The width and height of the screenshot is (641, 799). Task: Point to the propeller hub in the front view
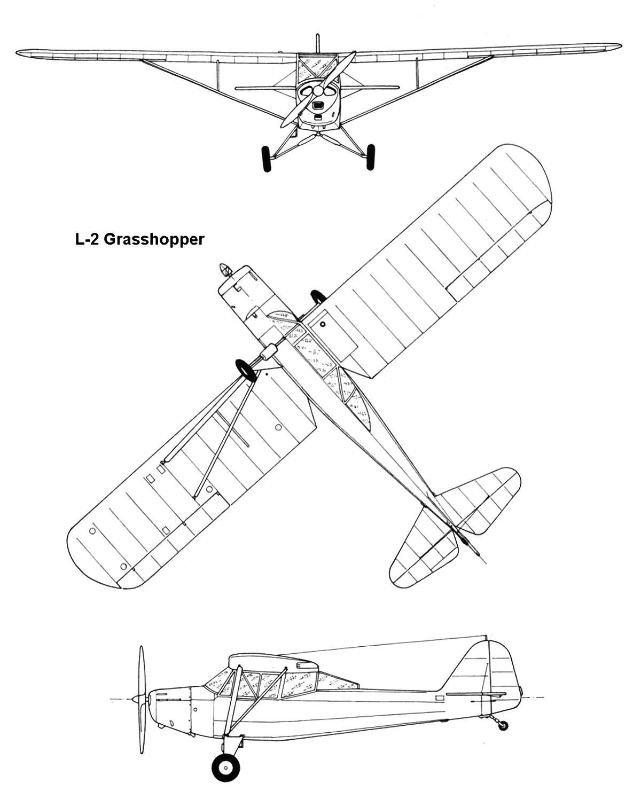[x=318, y=91]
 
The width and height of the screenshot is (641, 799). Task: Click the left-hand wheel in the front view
[x=266, y=159]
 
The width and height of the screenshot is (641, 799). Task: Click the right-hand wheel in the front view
[x=370, y=158]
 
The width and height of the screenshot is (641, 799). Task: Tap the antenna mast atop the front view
[x=317, y=44]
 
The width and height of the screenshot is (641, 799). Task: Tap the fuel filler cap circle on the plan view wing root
[x=323, y=325]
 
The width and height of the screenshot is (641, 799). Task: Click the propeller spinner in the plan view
[x=224, y=270]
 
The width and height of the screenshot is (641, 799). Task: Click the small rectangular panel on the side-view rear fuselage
[x=440, y=698]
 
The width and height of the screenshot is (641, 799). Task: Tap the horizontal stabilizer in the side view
[x=476, y=694]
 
